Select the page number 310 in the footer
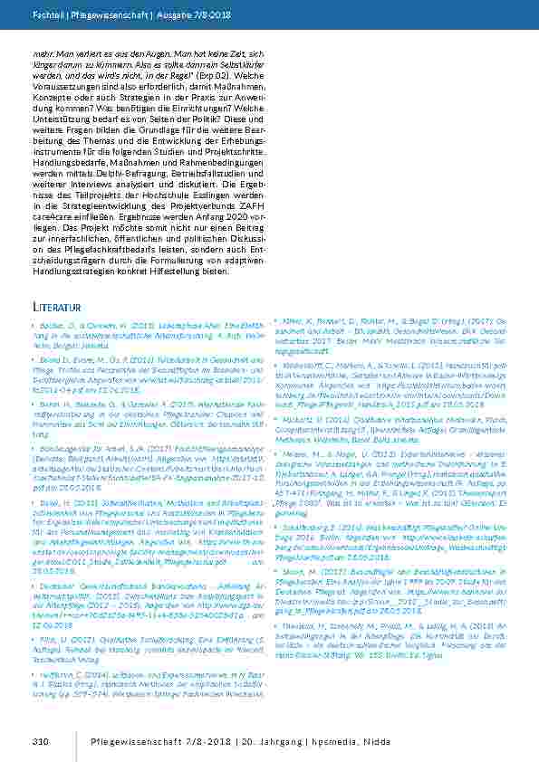click(38, 742)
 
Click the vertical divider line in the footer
click(74, 742)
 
